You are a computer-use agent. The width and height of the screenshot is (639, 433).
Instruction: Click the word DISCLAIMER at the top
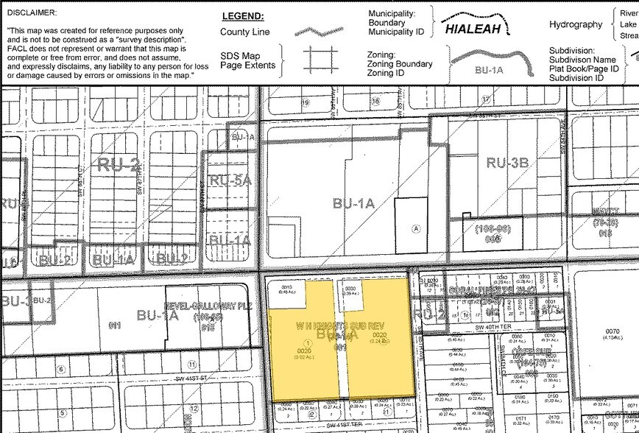(33, 13)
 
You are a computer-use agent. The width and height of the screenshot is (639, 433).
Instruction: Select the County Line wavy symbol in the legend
(318, 32)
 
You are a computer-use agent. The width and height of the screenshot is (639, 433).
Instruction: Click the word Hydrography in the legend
(576, 24)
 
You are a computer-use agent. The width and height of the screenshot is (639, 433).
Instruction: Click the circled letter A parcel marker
(417, 229)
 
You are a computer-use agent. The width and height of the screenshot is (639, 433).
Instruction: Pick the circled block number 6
(61, 369)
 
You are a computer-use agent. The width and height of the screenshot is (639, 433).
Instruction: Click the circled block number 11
(191, 364)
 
